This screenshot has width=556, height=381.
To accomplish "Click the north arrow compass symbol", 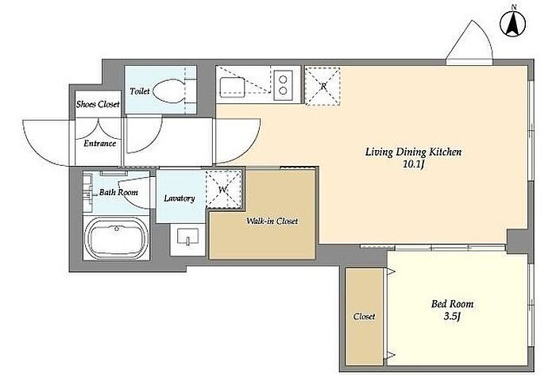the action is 513,24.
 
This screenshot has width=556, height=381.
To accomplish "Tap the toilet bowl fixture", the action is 171,90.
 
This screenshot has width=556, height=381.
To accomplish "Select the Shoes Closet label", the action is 98,104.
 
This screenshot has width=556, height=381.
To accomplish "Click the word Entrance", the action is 99,144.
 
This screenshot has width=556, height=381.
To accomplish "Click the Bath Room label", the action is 118,192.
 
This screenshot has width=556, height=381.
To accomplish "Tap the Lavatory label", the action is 180,198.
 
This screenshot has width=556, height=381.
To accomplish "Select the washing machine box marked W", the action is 223,189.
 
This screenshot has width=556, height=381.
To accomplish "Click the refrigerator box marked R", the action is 322,87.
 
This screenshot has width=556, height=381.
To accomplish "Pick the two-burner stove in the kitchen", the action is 283,84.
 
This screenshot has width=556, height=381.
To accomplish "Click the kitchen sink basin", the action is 233,87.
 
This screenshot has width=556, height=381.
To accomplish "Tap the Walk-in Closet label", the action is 272,221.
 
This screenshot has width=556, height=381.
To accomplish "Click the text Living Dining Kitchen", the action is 414,152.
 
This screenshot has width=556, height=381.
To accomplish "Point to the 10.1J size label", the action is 414,165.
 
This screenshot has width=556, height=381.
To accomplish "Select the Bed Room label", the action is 452,304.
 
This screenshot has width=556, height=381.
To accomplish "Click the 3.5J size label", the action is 452,316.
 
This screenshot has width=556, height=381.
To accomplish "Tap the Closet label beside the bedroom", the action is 364,316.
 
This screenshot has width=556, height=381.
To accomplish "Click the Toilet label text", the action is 140,91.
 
